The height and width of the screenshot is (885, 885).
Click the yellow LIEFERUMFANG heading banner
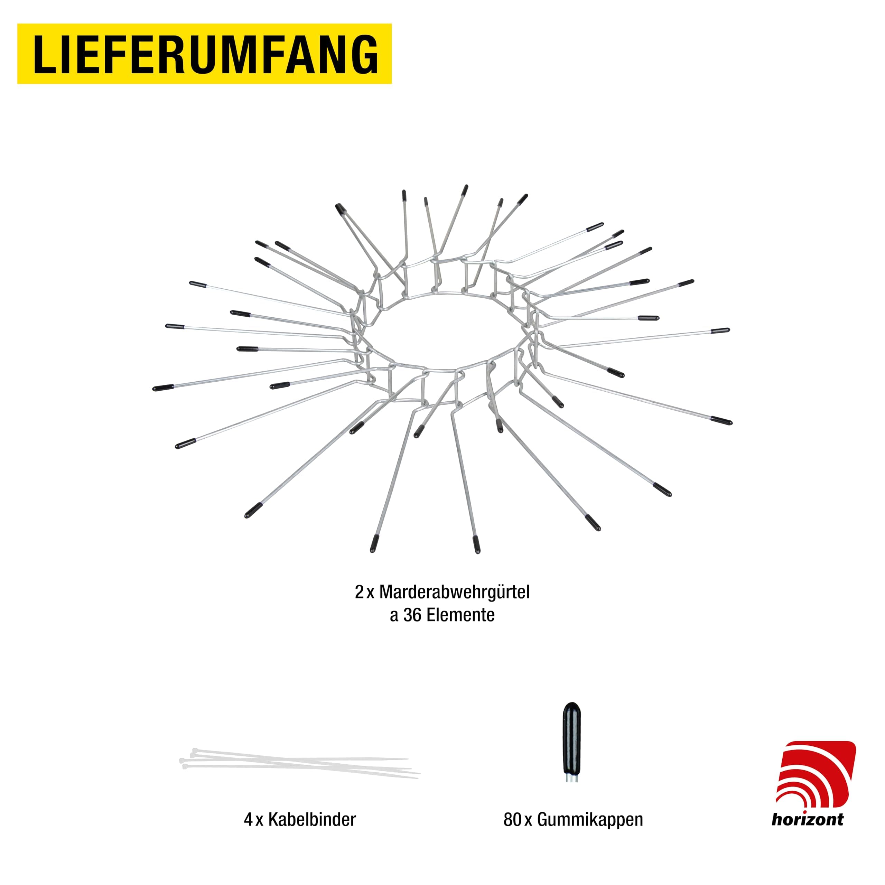click(204, 54)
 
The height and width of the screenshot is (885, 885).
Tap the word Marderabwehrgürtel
click(454, 592)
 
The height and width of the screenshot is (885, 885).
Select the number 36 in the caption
click(412, 616)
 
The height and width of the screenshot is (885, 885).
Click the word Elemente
click(460, 616)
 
